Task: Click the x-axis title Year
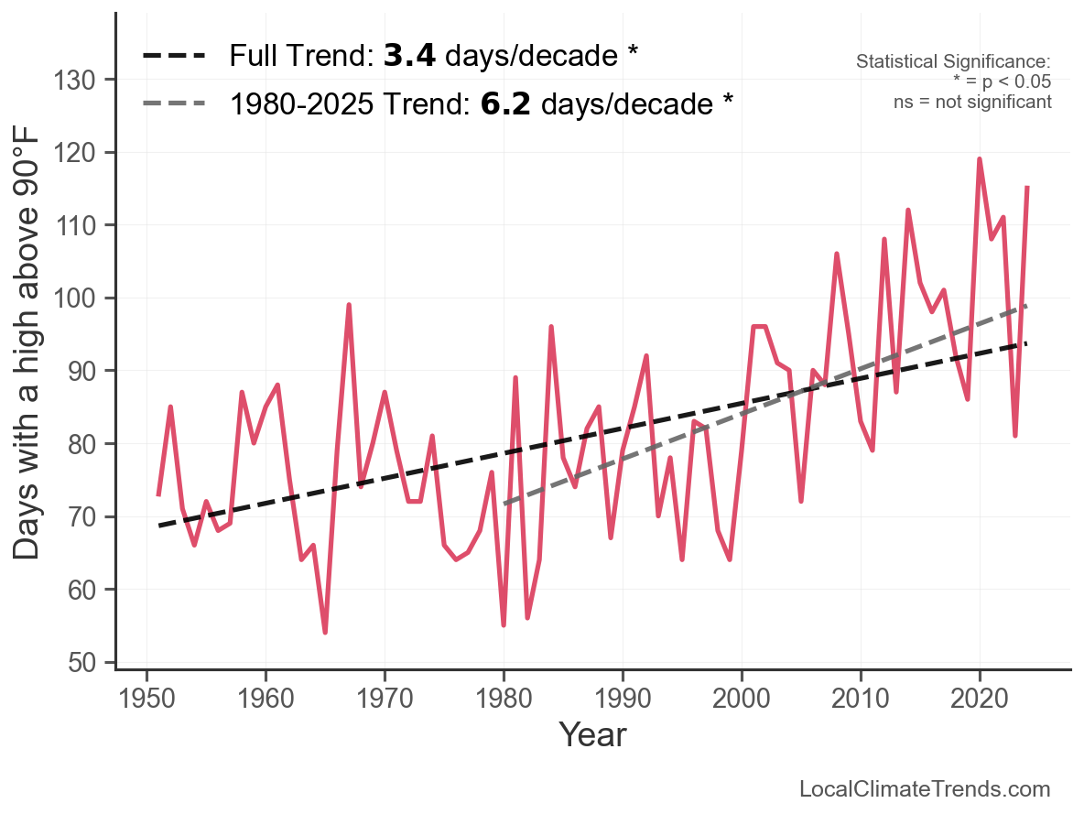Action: pyautogui.click(x=592, y=734)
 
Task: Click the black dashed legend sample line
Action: pyautogui.click(x=174, y=57)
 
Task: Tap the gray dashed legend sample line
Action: pyautogui.click(x=174, y=103)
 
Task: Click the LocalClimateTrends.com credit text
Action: pyautogui.click(x=925, y=789)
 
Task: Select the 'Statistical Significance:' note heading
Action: pyautogui.click(x=953, y=62)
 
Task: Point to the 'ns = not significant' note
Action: pyautogui.click(x=972, y=101)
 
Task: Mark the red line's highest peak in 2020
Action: pyautogui.click(x=980, y=159)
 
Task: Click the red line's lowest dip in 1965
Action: pyautogui.click(x=325, y=632)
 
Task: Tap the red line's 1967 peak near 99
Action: pyautogui.click(x=349, y=305)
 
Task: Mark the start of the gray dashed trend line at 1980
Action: pyautogui.click(x=504, y=504)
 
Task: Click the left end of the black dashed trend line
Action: pyautogui.click(x=159, y=526)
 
